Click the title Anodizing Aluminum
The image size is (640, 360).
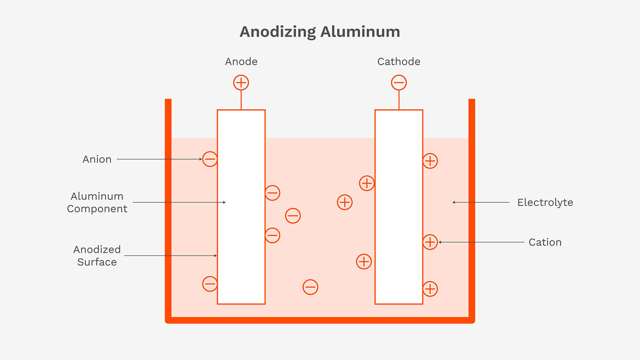[x=320, y=32]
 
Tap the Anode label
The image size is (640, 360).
[x=241, y=62]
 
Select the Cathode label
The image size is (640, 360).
[x=399, y=62]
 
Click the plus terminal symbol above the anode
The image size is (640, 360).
[x=241, y=83]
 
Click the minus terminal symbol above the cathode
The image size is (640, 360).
[x=399, y=83]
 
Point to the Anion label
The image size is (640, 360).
[x=97, y=159]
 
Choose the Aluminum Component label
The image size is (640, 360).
[x=97, y=202]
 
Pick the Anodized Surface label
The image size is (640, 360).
[x=97, y=256]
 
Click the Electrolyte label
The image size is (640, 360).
[x=545, y=202]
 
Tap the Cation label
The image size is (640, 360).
[x=545, y=242]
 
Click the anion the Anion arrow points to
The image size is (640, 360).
[x=210, y=159]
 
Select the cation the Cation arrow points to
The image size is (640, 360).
[x=430, y=242]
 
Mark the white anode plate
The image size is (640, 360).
[x=241, y=164]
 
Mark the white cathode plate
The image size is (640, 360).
[x=399, y=207]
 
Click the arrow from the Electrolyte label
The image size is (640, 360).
[x=481, y=202]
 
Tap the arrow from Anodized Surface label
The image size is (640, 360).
[x=171, y=256]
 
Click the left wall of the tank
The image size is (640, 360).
[x=168, y=210]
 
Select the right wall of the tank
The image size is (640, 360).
[x=472, y=210]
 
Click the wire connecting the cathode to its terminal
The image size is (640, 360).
[x=399, y=100]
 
